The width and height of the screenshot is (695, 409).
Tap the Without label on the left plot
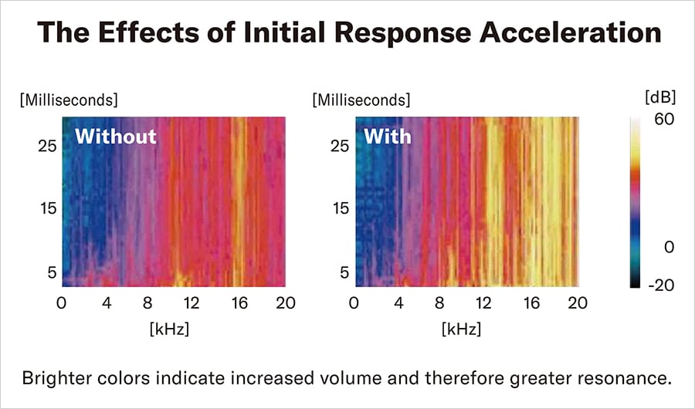pyautogui.click(x=115, y=137)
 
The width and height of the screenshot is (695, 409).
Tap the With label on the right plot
pyautogui.click(x=387, y=137)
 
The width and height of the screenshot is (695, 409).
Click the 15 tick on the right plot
pyautogui.click(x=340, y=208)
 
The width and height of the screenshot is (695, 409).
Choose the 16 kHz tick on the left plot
pyautogui.click(x=239, y=303)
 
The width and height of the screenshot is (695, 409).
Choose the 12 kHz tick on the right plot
pyautogui.click(x=485, y=303)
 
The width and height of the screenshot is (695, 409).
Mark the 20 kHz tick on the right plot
pyautogui.click(x=575, y=303)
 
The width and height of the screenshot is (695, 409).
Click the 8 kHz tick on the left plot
pyautogui.click(x=151, y=303)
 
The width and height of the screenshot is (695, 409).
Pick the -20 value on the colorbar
pyautogui.click(x=661, y=285)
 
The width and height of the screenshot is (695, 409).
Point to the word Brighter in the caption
pyautogui.click(x=59, y=379)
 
